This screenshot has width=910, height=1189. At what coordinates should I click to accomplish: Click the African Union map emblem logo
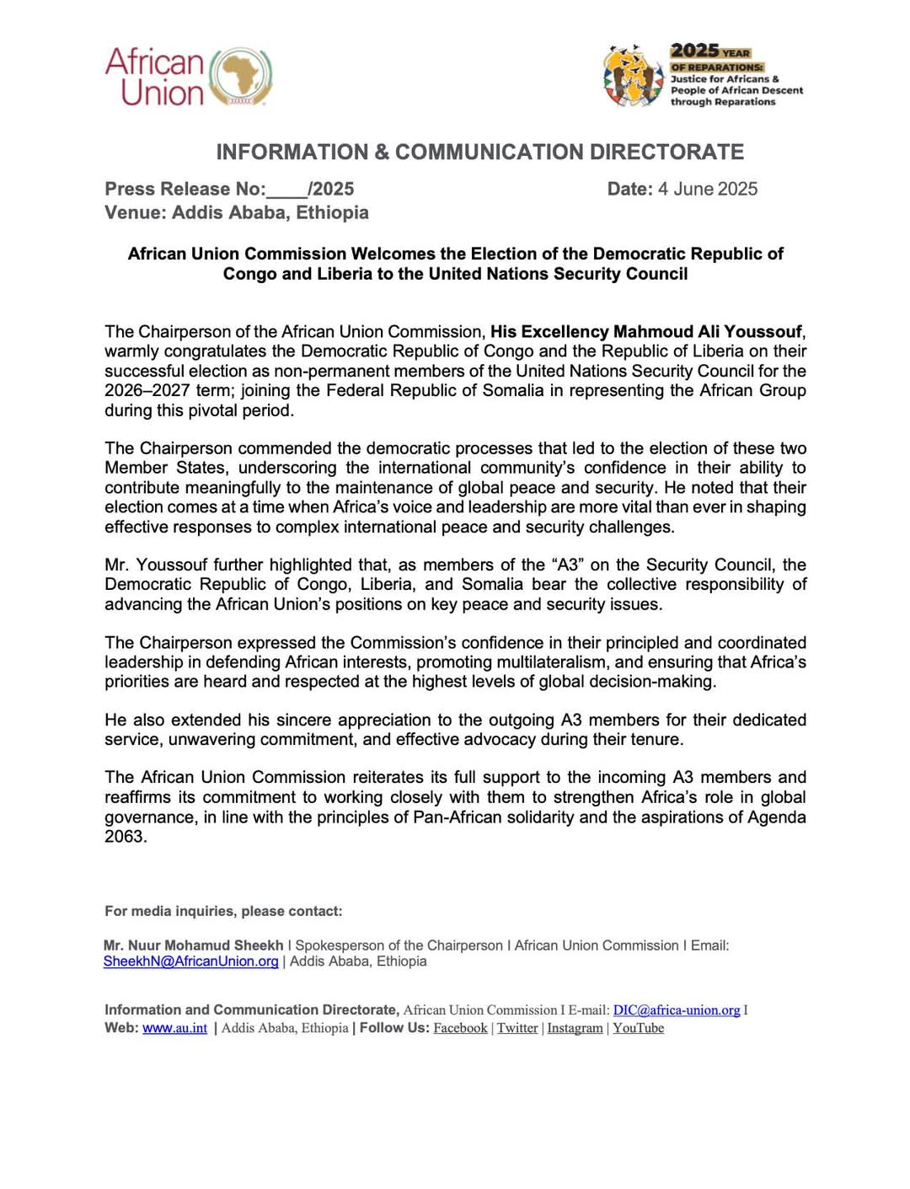point(241,77)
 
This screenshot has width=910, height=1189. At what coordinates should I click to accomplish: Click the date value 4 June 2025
point(707,189)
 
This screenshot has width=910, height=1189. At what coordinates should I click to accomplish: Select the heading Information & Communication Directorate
point(479,152)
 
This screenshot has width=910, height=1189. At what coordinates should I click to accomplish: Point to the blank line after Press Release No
point(286,190)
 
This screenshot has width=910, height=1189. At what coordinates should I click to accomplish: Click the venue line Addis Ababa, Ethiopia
point(236,212)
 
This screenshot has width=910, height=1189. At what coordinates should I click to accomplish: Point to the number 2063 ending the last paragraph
point(125,837)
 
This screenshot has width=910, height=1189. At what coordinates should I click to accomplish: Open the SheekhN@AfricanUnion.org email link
point(190,961)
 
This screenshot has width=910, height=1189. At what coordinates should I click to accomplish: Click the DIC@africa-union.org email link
point(676,1010)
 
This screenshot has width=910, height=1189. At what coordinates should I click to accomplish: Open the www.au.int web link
point(174,1028)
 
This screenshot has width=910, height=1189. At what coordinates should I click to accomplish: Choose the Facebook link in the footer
point(460,1028)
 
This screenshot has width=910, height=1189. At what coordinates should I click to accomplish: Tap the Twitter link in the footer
point(517,1028)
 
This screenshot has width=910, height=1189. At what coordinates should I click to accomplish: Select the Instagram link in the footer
point(575,1028)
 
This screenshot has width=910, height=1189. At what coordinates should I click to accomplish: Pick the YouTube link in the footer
point(638,1028)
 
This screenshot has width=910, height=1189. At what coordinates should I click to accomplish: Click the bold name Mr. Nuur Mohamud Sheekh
point(193,945)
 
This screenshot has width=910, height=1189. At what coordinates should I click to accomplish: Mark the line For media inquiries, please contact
point(223,911)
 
